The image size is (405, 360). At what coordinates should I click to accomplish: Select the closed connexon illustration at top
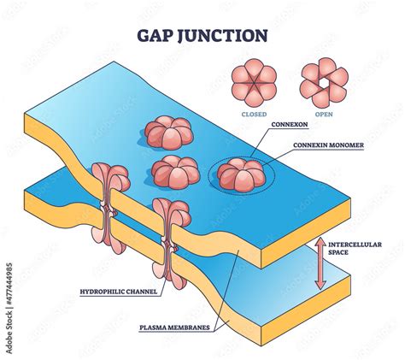coord(255,83)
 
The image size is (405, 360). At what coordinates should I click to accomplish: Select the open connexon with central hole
coord(324,83)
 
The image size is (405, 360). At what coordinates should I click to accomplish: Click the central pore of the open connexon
coord(324,83)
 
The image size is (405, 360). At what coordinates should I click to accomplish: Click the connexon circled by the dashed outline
coord(238,174)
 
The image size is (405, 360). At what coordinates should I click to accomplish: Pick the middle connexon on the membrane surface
coord(175,172)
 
